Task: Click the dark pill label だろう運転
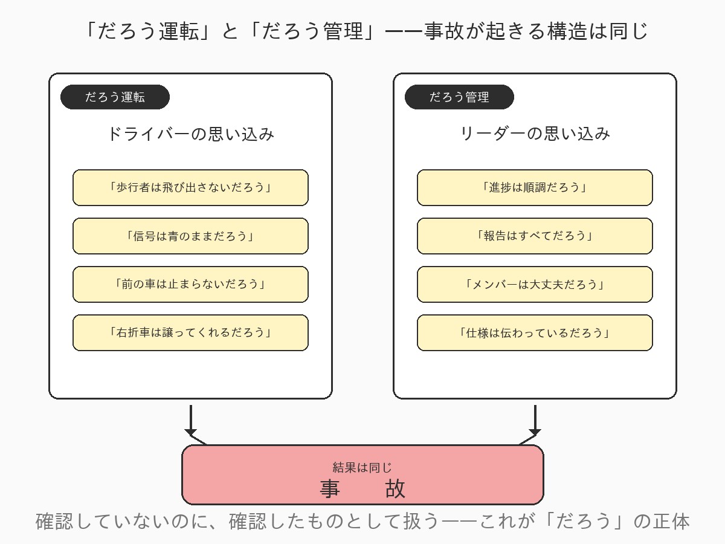(115, 97)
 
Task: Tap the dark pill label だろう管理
(459, 97)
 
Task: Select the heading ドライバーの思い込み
(190, 134)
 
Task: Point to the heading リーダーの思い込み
(535, 134)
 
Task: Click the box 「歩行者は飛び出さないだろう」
(190, 187)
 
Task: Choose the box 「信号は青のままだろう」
(190, 236)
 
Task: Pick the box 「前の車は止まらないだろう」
(190, 284)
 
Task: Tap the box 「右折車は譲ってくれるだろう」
(190, 332)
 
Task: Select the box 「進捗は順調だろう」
(535, 187)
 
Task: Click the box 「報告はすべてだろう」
(535, 236)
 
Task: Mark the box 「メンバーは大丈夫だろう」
(535, 284)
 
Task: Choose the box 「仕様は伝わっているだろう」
(535, 332)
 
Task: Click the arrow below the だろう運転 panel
(191, 420)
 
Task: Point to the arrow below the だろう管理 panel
(535, 420)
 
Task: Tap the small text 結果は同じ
(362, 467)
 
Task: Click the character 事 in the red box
(330, 488)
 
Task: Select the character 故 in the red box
(396, 488)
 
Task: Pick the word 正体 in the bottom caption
(670, 521)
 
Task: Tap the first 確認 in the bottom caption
(55, 521)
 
